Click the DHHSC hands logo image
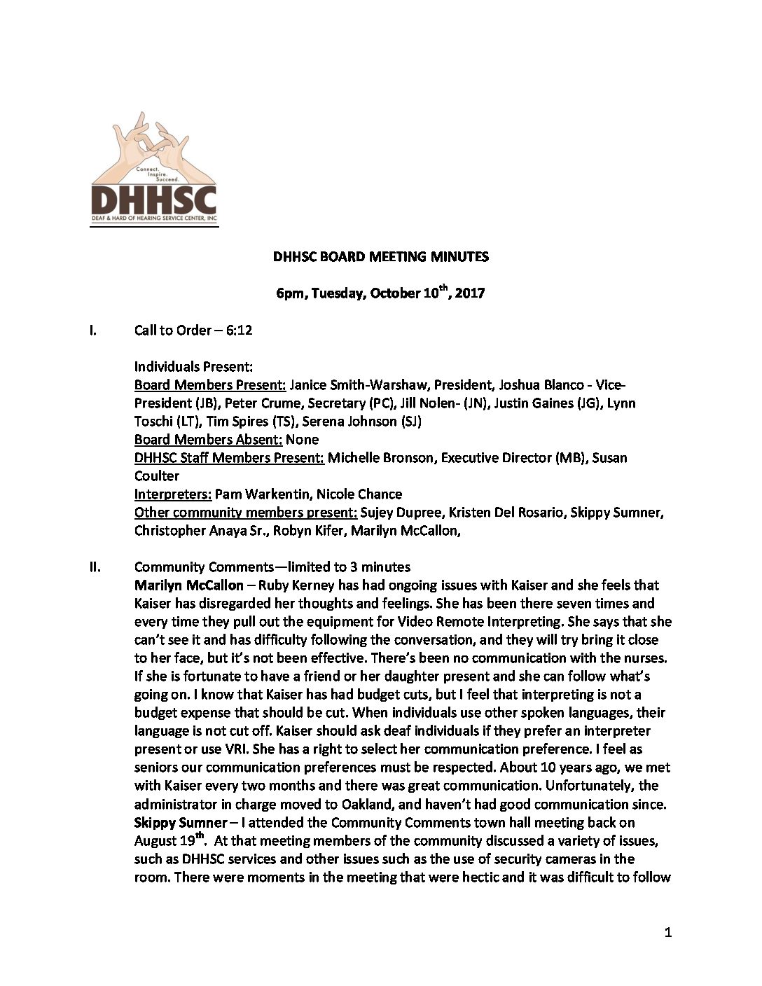click(x=154, y=169)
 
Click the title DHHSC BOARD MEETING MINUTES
click(x=380, y=257)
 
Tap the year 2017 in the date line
click(x=469, y=293)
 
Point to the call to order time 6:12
click(x=239, y=331)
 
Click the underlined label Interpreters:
click(x=172, y=494)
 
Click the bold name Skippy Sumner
click(x=180, y=823)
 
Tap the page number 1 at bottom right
click(x=667, y=933)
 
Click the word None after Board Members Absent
click(x=302, y=440)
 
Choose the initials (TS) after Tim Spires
click(x=273, y=422)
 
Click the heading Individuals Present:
click(x=193, y=367)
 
